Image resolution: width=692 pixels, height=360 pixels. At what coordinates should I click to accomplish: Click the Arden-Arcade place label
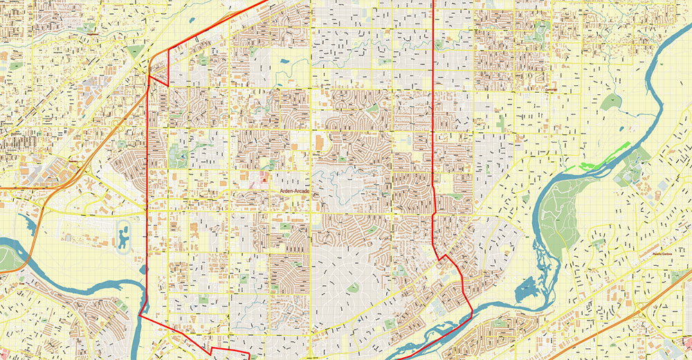[x=295, y=190]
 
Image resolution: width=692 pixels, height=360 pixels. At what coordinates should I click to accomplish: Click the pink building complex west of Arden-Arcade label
[x=266, y=179]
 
